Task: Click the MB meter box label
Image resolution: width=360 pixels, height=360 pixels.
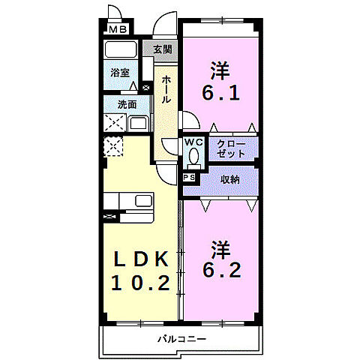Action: click(118, 30)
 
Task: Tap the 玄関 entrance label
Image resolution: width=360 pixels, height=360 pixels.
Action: click(162, 49)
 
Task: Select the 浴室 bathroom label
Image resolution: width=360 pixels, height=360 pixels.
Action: click(120, 73)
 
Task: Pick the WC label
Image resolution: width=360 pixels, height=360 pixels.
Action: click(194, 142)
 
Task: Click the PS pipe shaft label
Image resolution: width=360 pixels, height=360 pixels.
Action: click(190, 177)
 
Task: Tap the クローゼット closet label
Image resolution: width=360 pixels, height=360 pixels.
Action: click(231, 148)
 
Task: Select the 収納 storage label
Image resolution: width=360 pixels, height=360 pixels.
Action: click(229, 180)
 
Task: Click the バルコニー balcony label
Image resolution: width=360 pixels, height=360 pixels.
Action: click(181, 339)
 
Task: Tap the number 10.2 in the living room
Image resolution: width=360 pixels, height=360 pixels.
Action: click(144, 283)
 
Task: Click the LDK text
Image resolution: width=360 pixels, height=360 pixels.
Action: click(144, 259)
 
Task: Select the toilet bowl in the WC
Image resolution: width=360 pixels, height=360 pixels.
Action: click(194, 157)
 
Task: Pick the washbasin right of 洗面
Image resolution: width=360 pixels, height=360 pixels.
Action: click(139, 124)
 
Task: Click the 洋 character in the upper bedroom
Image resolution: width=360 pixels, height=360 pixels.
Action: click(220, 70)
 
